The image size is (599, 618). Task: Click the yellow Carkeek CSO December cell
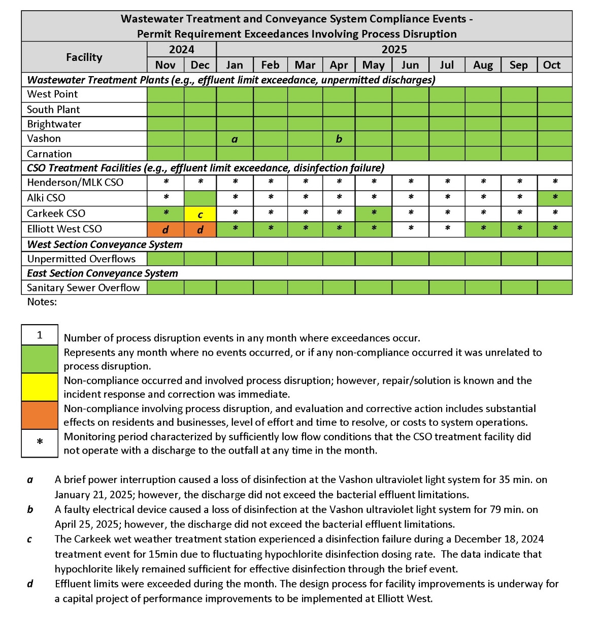200,214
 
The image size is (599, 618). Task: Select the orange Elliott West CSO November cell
165,229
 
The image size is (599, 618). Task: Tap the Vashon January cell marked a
235,139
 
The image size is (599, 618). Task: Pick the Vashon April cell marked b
339,139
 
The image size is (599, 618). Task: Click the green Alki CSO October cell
555,198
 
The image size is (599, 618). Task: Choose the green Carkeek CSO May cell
374,214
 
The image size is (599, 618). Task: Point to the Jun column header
410,65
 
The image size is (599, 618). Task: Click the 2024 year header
182,49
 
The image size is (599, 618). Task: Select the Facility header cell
84,57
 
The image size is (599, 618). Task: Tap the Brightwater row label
54,124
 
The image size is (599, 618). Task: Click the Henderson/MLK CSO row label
75,183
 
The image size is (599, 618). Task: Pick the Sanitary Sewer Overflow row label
83,288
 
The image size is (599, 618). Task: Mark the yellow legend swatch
40,387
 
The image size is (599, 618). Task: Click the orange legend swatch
40,416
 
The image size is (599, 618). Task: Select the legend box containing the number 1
40,335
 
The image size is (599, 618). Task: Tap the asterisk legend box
40,443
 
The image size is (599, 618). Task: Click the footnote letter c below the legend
30,539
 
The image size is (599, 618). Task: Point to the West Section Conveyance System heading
105,244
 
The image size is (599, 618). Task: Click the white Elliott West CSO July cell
447,229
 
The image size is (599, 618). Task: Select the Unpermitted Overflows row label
81,259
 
